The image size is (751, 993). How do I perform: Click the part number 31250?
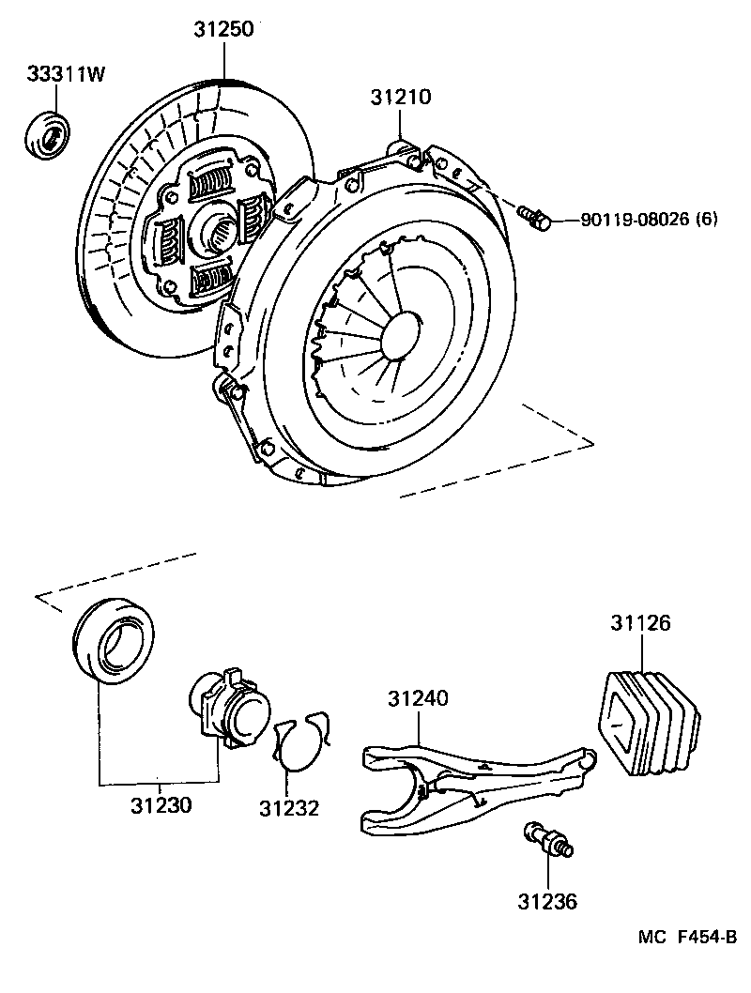click(223, 30)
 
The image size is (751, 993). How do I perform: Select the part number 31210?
click(400, 96)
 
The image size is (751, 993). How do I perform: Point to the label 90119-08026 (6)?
click(649, 220)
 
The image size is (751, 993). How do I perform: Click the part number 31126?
click(641, 622)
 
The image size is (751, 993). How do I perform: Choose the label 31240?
click(418, 698)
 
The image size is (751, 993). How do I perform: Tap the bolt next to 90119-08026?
click(532, 218)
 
